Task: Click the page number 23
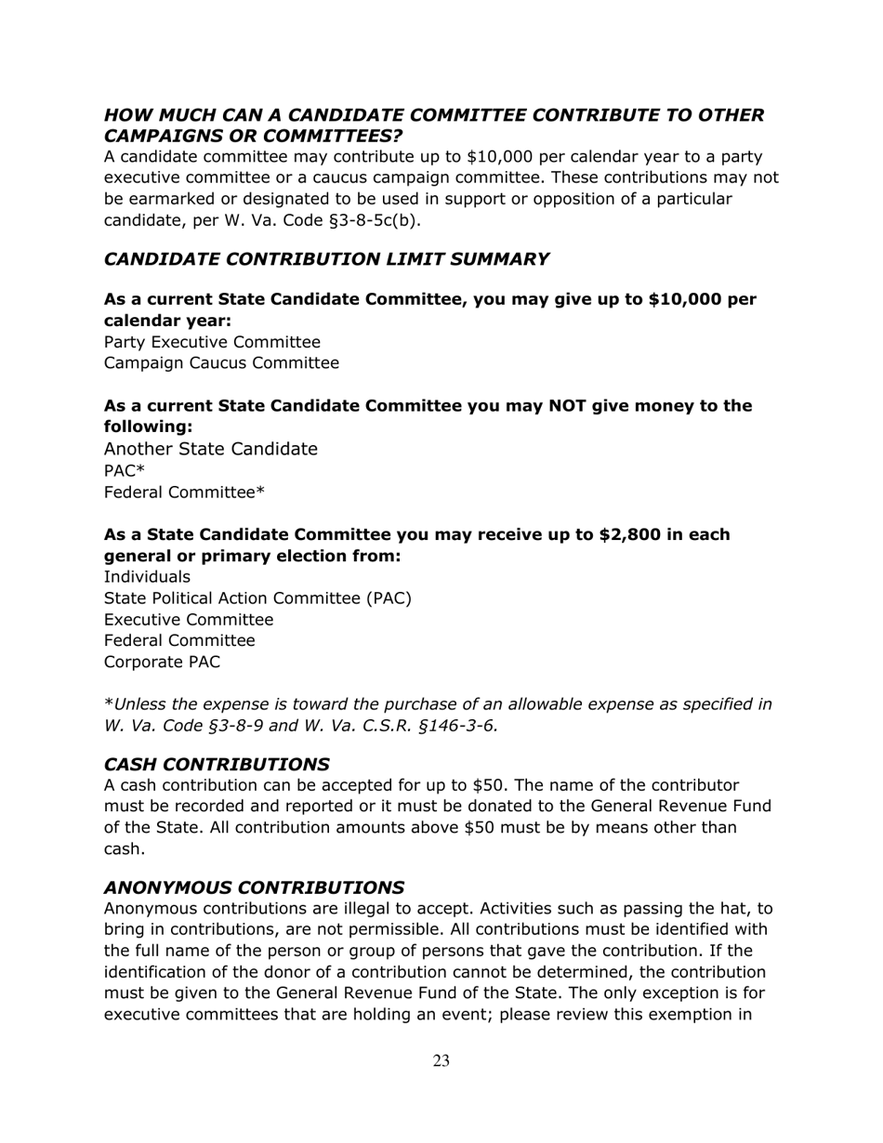tap(441, 1061)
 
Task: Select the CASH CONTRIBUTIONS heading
tap(216, 764)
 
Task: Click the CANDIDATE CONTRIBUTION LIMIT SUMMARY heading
tap(325, 259)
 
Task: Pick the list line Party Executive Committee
tap(212, 342)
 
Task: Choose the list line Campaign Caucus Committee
tap(221, 363)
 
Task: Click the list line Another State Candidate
tap(210, 449)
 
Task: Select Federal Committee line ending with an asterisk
tap(184, 493)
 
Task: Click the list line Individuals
tap(147, 577)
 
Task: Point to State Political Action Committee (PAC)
tap(257, 598)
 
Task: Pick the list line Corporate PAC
tap(162, 663)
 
